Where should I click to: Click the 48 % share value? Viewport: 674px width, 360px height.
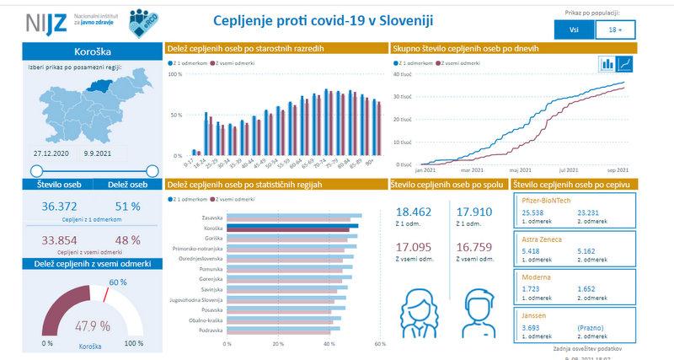(x=129, y=239)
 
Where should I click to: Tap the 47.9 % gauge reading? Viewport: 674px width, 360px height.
(x=93, y=325)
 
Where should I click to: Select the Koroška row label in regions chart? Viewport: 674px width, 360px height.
(x=211, y=227)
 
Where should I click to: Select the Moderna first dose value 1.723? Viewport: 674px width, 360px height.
(x=532, y=288)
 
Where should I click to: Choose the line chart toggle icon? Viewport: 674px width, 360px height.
(x=625, y=63)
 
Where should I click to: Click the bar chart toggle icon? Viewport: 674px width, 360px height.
(x=607, y=63)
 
